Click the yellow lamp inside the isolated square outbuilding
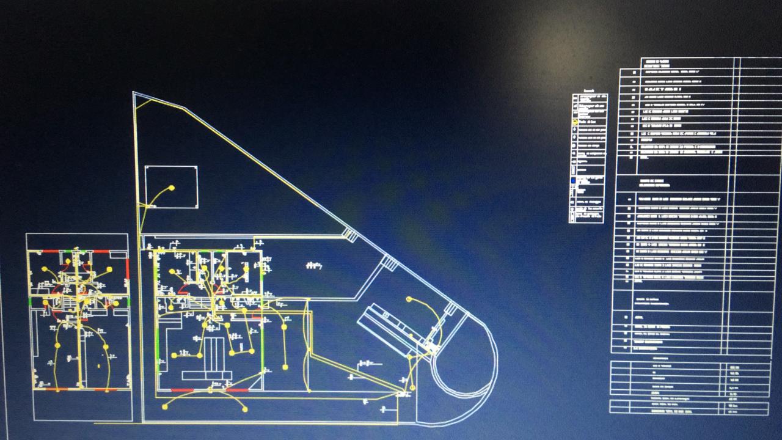tap(172, 188)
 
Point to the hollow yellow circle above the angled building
tap(409, 299)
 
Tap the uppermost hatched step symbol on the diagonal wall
tap(350, 235)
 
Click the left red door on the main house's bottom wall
tap(182, 390)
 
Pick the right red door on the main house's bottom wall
tap(237, 390)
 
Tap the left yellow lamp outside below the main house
tap(164, 406)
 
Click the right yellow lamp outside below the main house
tap(245, 409)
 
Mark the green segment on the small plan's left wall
tap(30, 302)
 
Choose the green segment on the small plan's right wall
tap(129, 301)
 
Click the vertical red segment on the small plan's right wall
tap(128, 267)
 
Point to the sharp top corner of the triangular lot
tap(134, 94)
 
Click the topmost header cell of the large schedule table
tap(687, 62)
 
